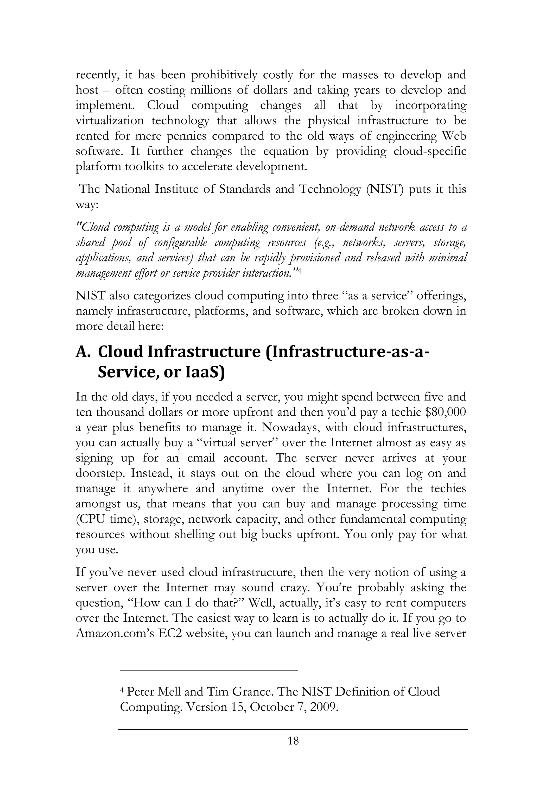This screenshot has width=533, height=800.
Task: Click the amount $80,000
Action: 445,412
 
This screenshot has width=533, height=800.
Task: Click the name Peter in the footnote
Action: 141,691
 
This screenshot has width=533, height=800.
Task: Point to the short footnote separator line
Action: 209,670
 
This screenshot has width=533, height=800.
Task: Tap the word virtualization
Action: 109,121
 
